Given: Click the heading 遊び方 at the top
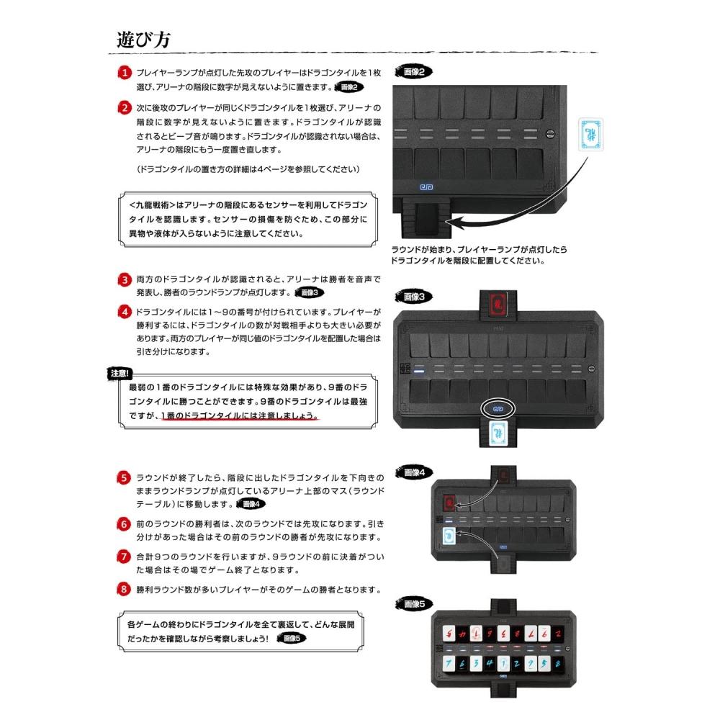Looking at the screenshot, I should point(143,39).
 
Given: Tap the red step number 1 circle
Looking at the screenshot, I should point(125,73).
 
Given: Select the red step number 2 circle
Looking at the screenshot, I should point(125,107).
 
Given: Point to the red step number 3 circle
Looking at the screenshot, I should point(125,279).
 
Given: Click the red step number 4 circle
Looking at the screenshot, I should point(125,312).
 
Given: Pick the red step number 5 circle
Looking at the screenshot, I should point(125,478).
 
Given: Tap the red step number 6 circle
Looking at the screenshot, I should point(125,523).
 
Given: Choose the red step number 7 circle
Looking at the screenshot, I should point(125,557).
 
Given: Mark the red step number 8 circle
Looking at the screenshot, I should point(125,590).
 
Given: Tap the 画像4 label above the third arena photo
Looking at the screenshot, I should point(418,472).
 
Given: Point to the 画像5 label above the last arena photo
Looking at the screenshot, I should point(418,602).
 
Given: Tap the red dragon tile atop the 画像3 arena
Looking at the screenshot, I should point(496,306).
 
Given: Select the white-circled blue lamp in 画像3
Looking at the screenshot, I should point(496,407).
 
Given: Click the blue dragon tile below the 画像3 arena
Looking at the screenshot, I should point(496,434).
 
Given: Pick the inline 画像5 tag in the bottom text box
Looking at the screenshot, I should point(292,639).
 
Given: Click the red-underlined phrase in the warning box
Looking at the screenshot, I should point(238,418).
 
